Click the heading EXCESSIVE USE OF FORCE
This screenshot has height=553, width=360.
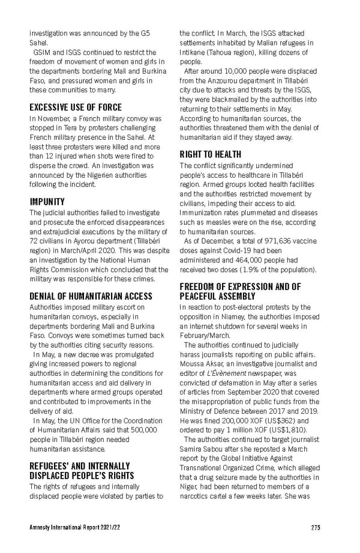(x=76, y=107)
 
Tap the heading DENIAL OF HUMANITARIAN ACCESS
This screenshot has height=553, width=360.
(x=91, y=296)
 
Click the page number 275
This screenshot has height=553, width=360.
(x=316, y=528)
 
